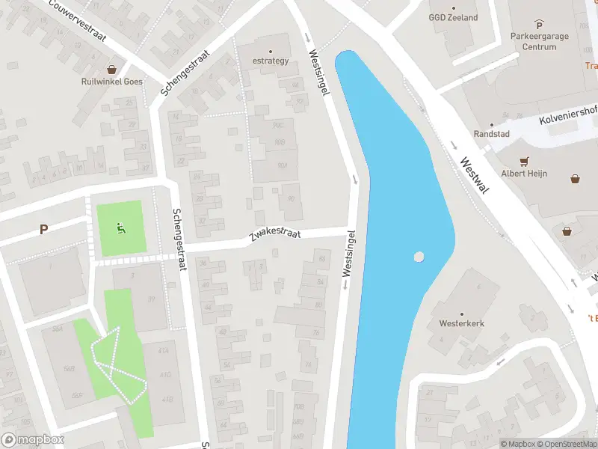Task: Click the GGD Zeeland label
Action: [x=452, y=17]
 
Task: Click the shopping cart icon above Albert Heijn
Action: [x=524, y=161]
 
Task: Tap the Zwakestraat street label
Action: [x=275, y=236]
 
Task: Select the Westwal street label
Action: [x=475, y=175]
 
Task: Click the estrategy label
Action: [x=270, y=61]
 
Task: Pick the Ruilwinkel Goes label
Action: [x=111, y=82]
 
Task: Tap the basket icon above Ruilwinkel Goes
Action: [x=111, y=69]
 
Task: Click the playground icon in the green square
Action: [x=120, y=227]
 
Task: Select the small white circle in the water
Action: [x=419, y=257]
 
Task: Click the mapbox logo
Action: [x=33, y=440]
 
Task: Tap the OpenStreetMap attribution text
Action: [x=568, y=444]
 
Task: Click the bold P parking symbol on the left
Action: [x=44, y=230]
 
